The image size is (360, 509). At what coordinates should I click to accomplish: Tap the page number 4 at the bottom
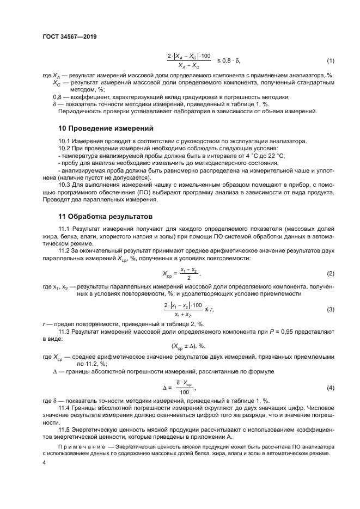(x=44, y=462)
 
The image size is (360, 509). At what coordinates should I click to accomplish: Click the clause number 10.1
(x=64, y=141)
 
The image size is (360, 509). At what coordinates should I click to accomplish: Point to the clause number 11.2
(x=64, y=251)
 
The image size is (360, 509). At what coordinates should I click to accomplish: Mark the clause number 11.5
(x=64, y=429)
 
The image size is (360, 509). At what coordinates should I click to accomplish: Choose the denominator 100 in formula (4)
(x=184, y=392)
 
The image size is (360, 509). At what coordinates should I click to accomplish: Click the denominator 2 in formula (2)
(x=188, y=277)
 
